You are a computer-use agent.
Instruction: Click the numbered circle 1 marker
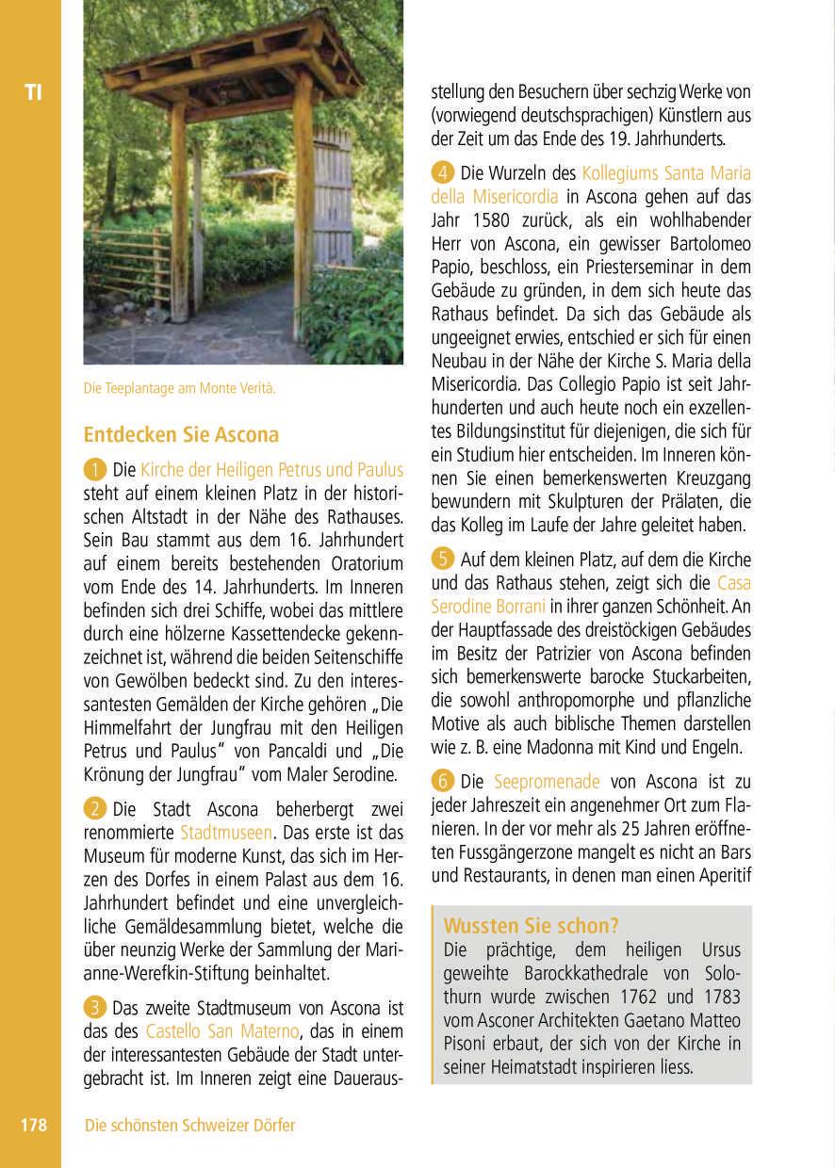tap(95, 469)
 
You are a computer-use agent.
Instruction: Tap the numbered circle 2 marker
tap(95, 809)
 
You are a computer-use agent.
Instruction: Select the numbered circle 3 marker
tap(95, 1008)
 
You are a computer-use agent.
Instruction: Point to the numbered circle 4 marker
tap(443, 173)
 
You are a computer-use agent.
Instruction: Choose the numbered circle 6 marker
tap(443, 782)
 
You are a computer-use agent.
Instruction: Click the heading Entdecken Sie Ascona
tap(181, 435)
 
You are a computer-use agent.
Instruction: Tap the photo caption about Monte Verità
tap(179, 388)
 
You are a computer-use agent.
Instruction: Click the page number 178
tap(33, 1125)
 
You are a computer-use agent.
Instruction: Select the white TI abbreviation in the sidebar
tap(33, 92)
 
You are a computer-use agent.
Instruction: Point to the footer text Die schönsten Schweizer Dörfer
tap(189, 1125)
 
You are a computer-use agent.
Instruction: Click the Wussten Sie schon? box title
tap(532, 925)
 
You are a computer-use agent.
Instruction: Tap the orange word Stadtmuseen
tap(226, 833)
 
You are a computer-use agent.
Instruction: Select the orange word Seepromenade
tap(547, 782)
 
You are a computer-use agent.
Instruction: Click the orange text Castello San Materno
tap(222, 1031)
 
